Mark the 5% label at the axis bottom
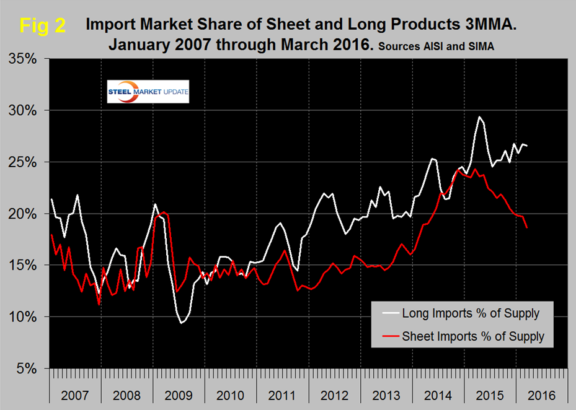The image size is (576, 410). click(x=27, y=369)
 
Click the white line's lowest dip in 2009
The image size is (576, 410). click(x=181, y=323)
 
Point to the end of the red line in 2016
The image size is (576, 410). click(x=527, y=227)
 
